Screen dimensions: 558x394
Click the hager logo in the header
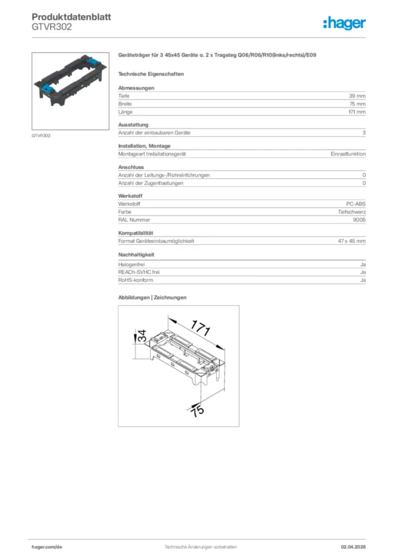(x=344, y=23)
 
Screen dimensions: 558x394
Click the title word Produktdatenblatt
(x=71, y=17)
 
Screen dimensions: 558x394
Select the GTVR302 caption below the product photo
(x=41, y=136)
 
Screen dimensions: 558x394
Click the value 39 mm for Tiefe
(x=358, y=96)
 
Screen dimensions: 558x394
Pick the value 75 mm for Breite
(x=358, y=104)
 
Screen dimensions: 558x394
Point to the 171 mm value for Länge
(x=357, y=112)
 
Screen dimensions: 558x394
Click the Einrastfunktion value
(x=348, y=154)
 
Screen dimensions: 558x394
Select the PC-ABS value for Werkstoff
(x=356, y=204)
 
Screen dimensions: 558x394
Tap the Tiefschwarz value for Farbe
(x=352, y=212)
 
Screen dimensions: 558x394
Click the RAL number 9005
(x=359, y=220)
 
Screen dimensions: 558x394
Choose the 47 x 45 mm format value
(x=352, y=241)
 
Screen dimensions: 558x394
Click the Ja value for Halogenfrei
(x=363, y=264)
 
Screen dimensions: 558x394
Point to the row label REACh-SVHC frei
(x=139, y=272)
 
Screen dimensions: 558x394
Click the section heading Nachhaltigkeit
(x=137, y=254)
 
